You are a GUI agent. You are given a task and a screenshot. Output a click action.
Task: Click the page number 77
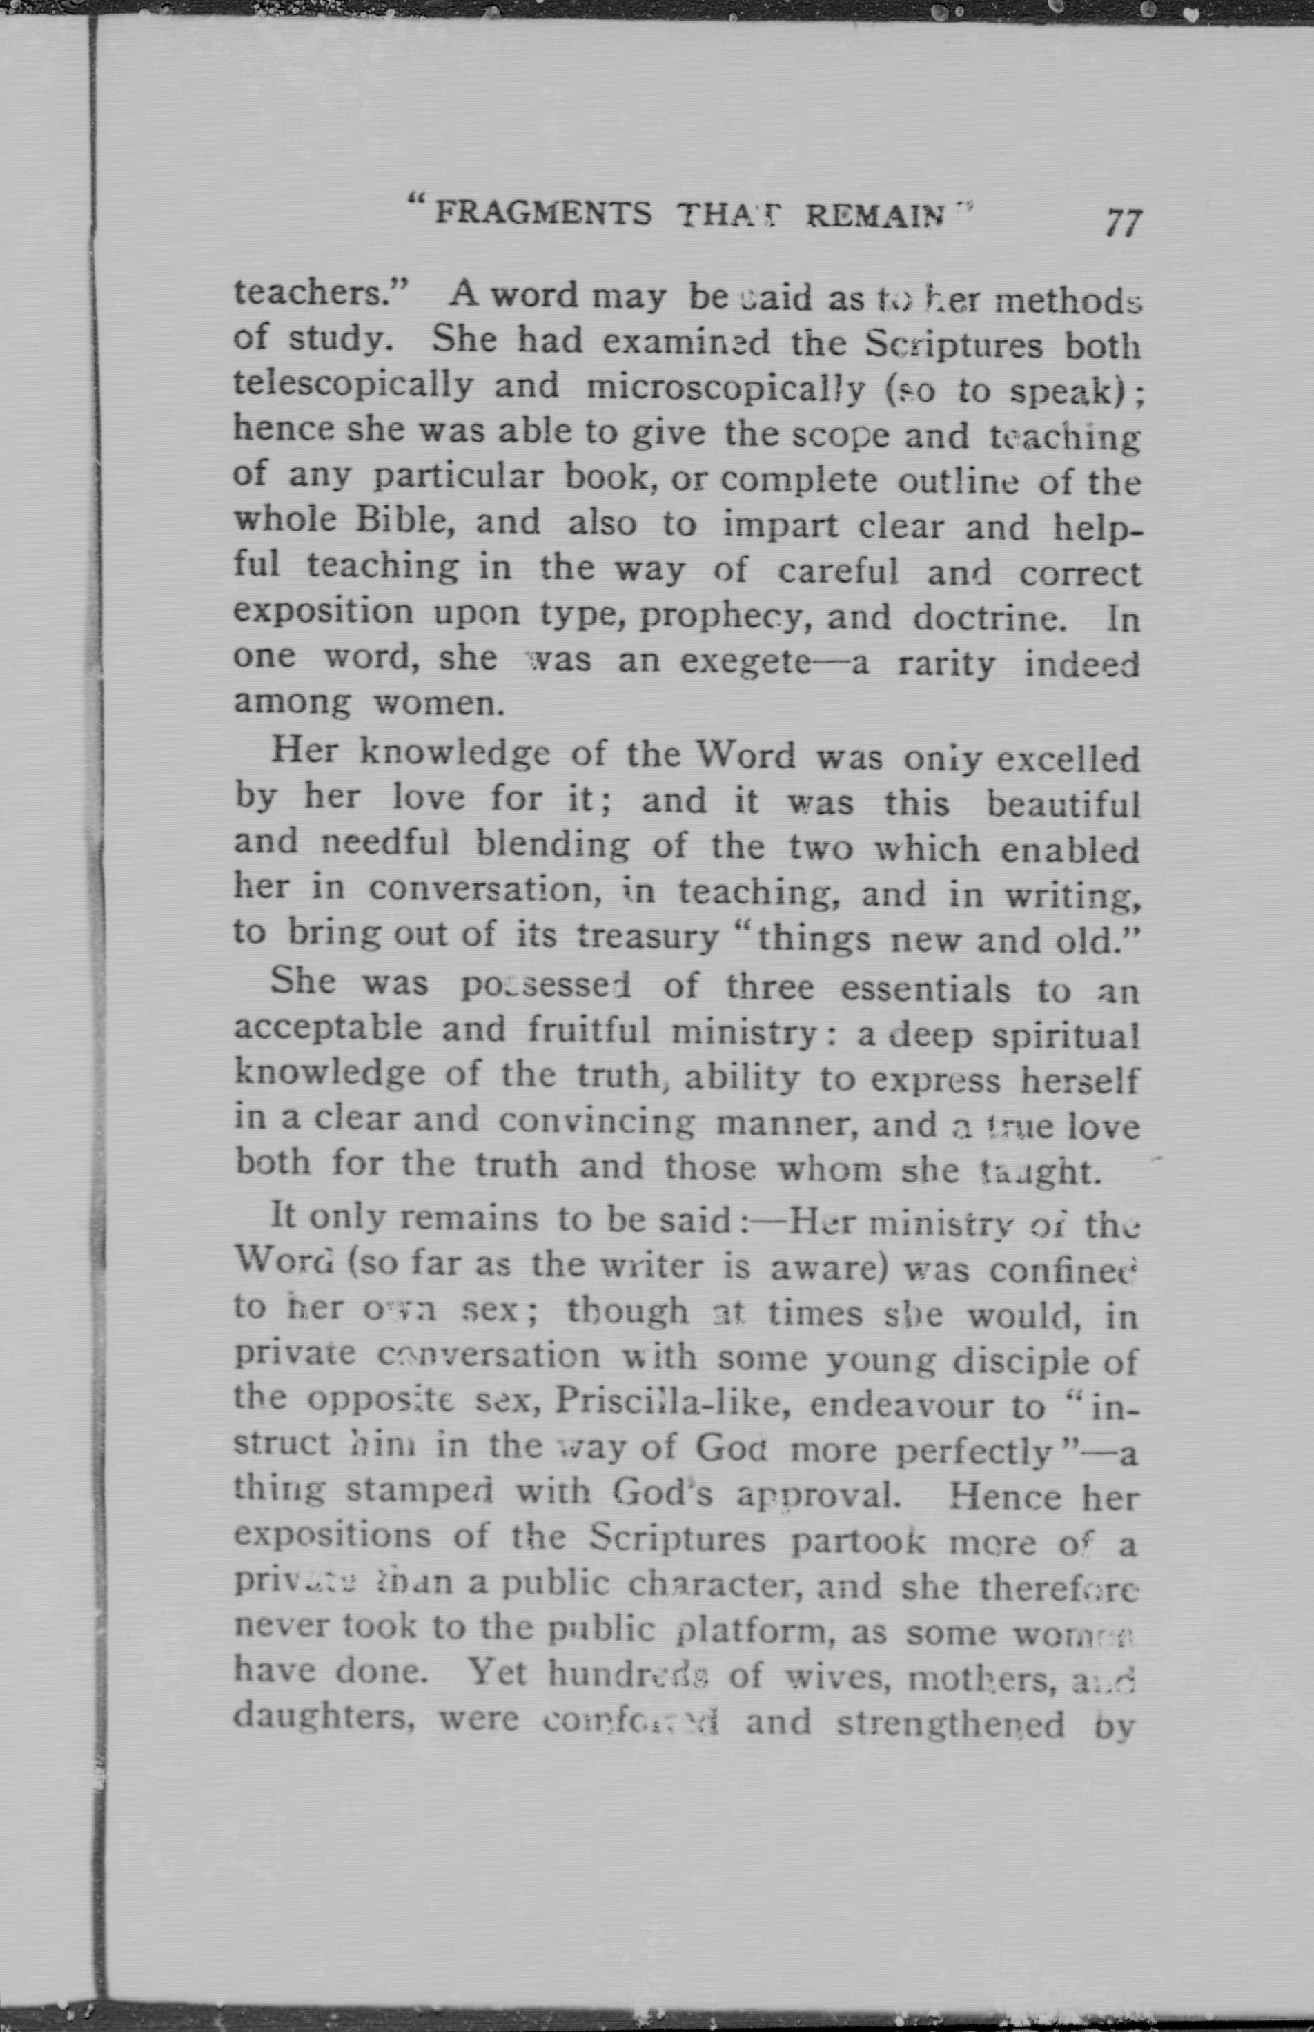point(1122,224)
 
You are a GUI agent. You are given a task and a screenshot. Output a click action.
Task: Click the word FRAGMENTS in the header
point(544,213)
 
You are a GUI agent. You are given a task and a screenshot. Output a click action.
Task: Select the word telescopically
point(353,385)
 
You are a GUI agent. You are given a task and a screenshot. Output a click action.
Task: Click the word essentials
point(925,989)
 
